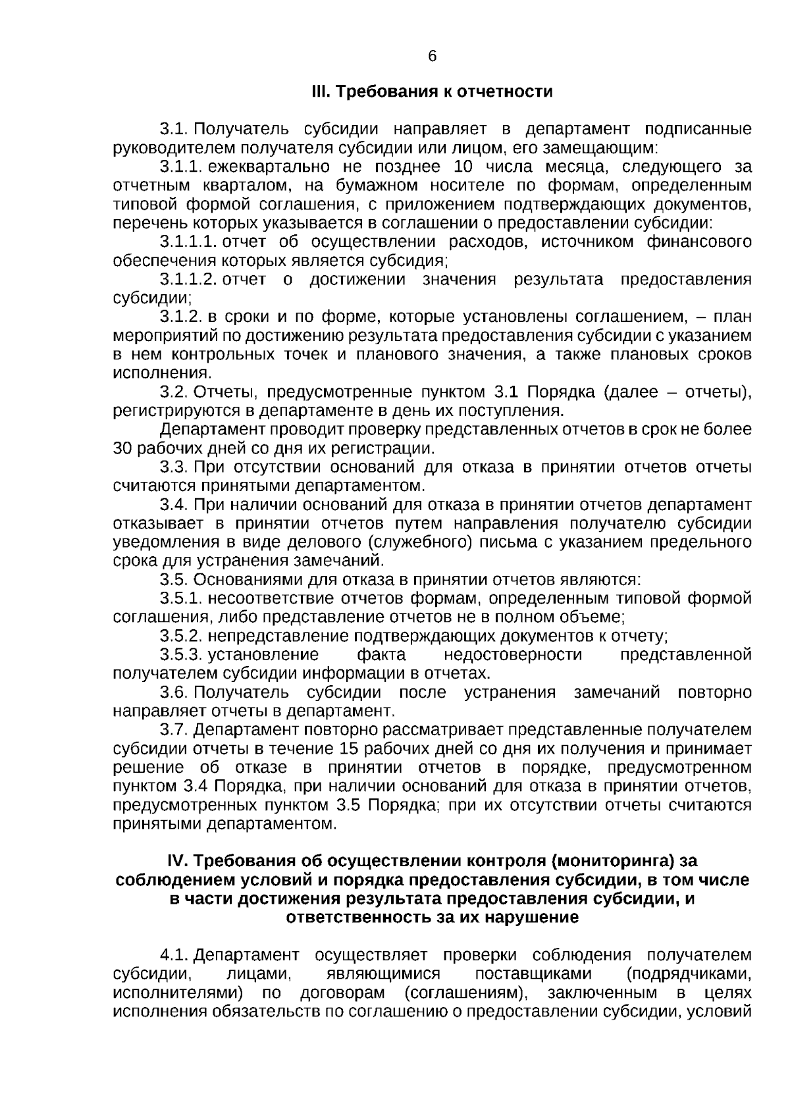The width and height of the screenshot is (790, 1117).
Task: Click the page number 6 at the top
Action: tap(433, 57)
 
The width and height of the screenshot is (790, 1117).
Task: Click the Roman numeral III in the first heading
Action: tap(319, 91)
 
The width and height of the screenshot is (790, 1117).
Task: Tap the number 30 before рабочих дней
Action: tap(123, 450)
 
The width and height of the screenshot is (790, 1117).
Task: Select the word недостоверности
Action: tap(513, 656)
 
